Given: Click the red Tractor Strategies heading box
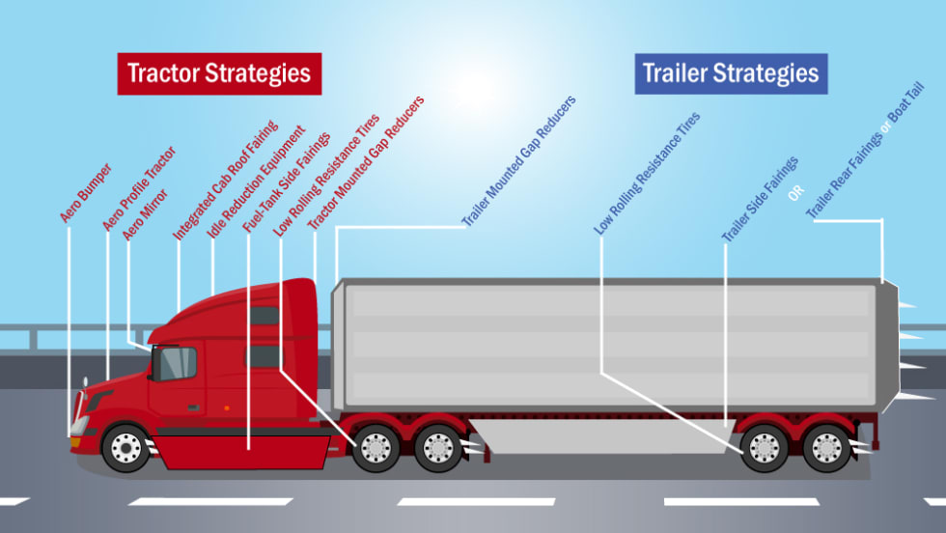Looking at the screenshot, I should pyautogui.click(x=219, y=73).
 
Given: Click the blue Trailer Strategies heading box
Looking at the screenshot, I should pyautogui.click(x=731, y=73).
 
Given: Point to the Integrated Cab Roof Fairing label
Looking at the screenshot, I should pyautogui.click(x=225, y=180).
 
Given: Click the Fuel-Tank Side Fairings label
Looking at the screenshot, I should pyautogui.click(x=286, y=181).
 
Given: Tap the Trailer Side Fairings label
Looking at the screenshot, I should pyautogui.click(x=760, y=198).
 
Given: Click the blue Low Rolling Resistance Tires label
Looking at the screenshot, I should pyautogui.click(x=647, y=174).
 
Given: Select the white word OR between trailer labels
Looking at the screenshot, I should pyautogui.click(x=796, y=192).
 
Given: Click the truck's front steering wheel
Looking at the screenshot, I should pyautogui.click(x=125, y=447).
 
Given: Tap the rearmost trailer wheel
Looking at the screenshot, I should pyautogui.click(x=827, y=447).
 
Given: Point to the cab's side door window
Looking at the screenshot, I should pyautogui.click(x=178, y=363).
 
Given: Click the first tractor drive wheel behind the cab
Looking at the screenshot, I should pyautogui.click(x=376, y=447).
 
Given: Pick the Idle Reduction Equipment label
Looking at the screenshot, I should pyautogui.click(x=256, y=182).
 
